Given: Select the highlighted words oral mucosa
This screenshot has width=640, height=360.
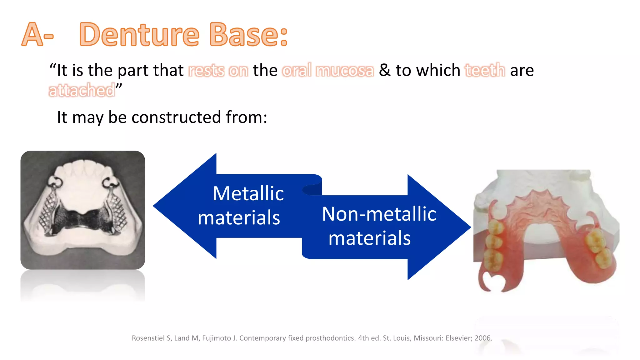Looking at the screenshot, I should tap(328, 70).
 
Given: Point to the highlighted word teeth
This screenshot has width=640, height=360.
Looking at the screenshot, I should tap(485, 70).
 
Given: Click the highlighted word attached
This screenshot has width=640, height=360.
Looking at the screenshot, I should tap(82, 91).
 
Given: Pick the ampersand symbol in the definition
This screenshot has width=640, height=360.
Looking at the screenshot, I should tap(385, 70).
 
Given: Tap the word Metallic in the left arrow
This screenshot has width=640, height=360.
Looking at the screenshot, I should tap(248, 193).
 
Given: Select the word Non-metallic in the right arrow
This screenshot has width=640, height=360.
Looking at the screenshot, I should tap(379, 214).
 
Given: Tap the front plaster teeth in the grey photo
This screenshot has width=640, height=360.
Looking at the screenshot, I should tap(84, 169).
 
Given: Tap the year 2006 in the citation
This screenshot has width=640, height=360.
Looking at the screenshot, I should tap(483, 338).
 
